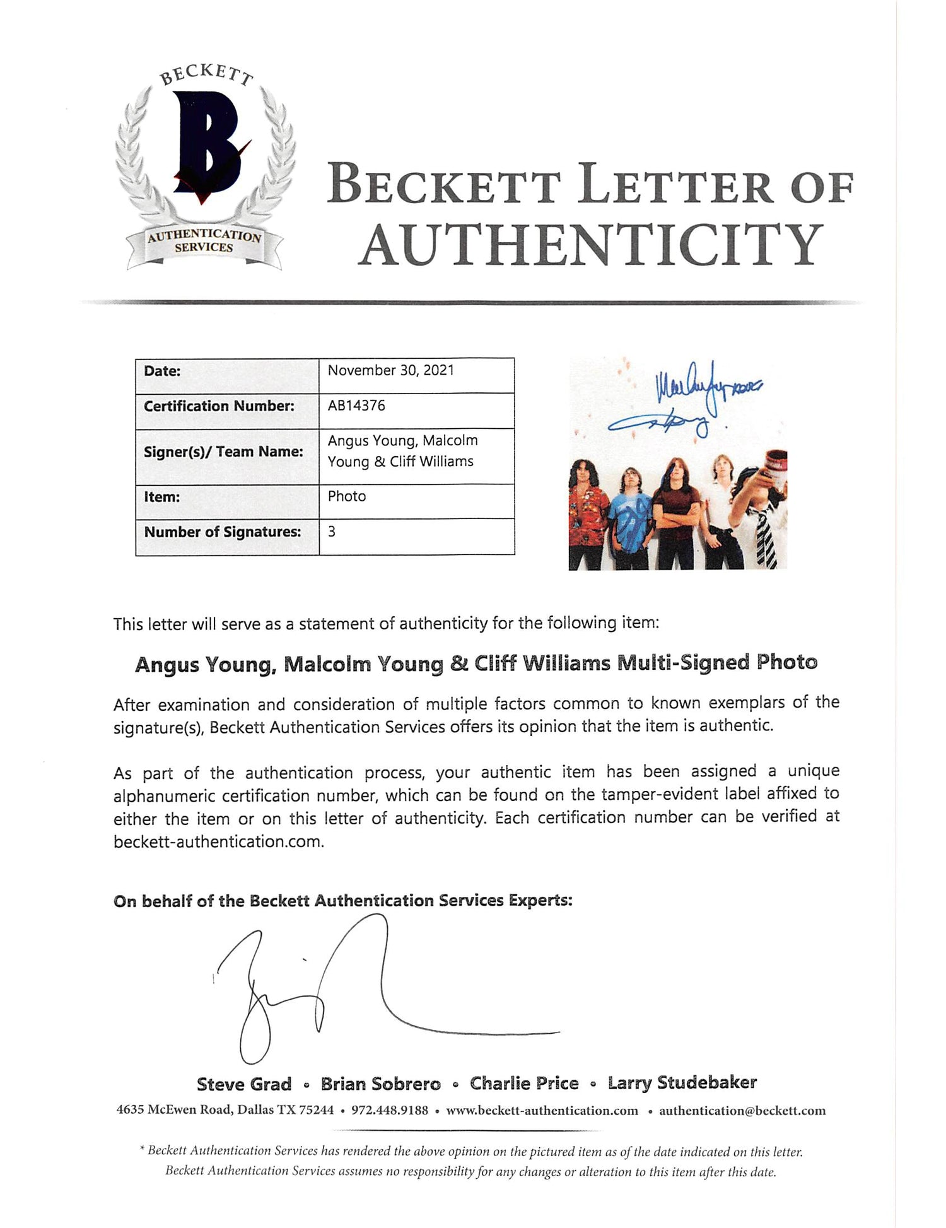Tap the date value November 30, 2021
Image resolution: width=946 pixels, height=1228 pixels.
pos(390,370)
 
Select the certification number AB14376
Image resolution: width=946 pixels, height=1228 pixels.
pos(356,406)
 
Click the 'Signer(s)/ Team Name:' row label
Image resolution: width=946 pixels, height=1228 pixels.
pos(223,452)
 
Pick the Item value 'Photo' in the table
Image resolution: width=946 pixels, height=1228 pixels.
pos(346,496)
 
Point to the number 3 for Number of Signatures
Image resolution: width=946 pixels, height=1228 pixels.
pos(332,532)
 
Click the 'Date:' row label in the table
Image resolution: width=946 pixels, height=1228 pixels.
pos(162,371)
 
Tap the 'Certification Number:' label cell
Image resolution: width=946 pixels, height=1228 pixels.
pos(219,406)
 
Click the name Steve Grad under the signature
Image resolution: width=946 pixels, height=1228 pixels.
pos(243,1084)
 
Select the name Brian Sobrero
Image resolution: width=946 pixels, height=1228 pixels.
pos(380,1084)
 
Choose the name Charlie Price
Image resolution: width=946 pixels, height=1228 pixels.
pos(523,1084)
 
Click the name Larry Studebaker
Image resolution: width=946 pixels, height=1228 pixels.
pos(682,1083)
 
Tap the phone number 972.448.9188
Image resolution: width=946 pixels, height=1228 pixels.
pos(389,1111)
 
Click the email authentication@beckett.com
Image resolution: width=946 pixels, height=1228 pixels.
pos(742,1111)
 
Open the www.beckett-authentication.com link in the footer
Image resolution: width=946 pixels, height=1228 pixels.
pos(542,1111)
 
